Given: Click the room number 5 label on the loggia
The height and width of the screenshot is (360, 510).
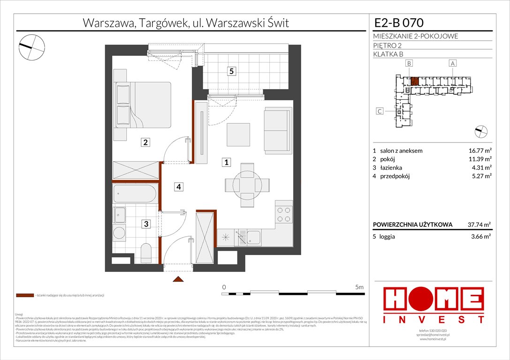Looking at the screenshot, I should [x=231, y=72].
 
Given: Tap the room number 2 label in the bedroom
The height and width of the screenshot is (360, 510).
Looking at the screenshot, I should [x=146, y=142].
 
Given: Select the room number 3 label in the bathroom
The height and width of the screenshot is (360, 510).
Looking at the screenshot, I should [x=146, y=225].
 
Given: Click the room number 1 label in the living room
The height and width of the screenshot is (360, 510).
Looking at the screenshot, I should [x=226, y=163].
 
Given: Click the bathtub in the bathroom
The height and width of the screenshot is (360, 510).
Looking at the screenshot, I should [x=136, y=193].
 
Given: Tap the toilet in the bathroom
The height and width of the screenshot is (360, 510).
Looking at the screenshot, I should [x=145, y=253].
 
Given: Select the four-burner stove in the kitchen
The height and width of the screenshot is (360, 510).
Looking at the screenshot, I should [x=284, y=214].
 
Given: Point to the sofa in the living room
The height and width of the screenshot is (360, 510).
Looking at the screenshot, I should [x=276, y=130].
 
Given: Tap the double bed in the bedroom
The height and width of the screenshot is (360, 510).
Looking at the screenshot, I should [x=143, y=105].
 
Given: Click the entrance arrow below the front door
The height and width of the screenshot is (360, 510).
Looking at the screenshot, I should [x=178, y=280].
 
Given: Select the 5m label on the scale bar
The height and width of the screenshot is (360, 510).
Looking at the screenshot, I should [x=359, y=287].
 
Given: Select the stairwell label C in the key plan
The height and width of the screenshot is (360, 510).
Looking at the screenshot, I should [x=380, y=111].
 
